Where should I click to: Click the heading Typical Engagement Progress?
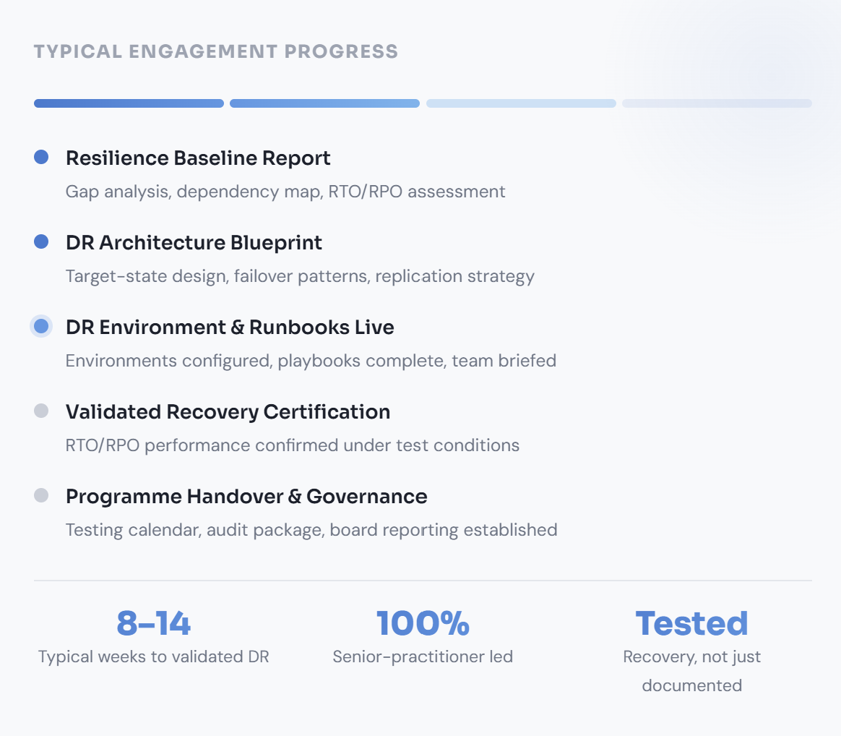click(x=215, y=51)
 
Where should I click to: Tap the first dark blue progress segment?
click(x=129, y=103)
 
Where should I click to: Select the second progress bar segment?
click(x=324, y=103)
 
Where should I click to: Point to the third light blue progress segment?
click(x=521, y=103)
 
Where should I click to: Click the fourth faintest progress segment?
click(x=717, y=103)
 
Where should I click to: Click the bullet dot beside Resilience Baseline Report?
click(x=41, y=157)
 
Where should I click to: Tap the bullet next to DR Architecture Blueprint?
click(x=41, y=241)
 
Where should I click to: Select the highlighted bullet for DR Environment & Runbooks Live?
click(x=41, y=326)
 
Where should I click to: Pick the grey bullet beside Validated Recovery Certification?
click(x=41, y=411)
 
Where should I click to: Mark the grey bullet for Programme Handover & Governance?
click(x=41, y=495)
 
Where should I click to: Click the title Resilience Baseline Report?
click(x=198, y=158)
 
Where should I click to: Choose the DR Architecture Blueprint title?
click(x=194, y=243)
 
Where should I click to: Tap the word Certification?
click(x=327, y=412)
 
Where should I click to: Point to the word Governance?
click(x=367, y=497)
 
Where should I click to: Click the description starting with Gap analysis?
click(x=285, y=192)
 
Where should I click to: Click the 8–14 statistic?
click(x=153, y=623)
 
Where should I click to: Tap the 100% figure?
click(x=423, y=623)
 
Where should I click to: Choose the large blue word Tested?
click(x=692, y=623)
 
